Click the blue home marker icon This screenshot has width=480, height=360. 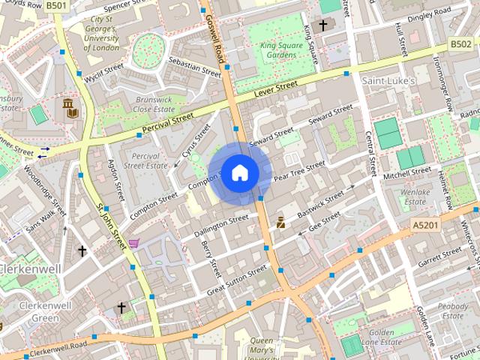coord(239,173)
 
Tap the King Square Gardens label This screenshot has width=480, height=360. coord(279,49)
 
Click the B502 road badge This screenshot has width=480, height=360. coord(460,45)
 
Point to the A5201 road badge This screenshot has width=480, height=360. coord(424,224)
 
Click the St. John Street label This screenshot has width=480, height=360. coord(112,224)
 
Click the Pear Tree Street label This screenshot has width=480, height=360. coord(298,171)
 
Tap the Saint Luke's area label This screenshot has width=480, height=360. coord(389,79)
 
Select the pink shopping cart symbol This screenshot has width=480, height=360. coord(133,243)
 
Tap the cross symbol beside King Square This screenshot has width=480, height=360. coord(323,25)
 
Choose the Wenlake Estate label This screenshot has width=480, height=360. coord(415,196)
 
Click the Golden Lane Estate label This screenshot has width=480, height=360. coord(382,337)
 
